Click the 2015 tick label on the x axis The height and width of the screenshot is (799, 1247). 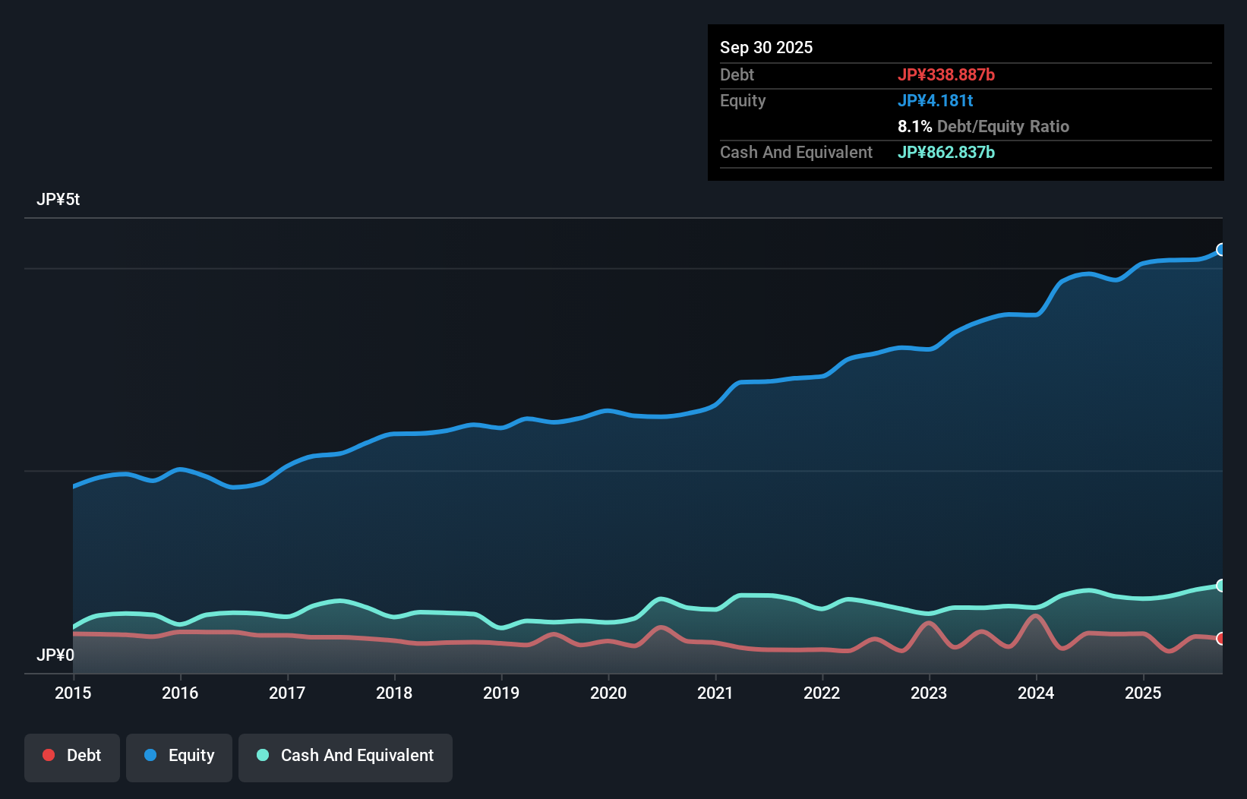[x=73, y=693]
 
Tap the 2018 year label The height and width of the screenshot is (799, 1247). [x=394, y=693]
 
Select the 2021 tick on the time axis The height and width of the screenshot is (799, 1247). [x=715, y=693]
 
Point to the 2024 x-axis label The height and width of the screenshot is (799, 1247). [x=1036, y=693]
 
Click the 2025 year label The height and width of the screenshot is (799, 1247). [x=1143, y=693]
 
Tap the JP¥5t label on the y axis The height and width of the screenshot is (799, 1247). [x=58, y=200]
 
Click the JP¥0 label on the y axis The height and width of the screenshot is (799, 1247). [x=55, y=655]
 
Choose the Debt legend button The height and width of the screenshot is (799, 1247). [x=72, y=756]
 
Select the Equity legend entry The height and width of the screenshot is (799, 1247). [x=179, y=756]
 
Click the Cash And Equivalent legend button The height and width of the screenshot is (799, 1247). [x=346, y=756]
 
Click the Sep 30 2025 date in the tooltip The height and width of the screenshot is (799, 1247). [x=766, y=47]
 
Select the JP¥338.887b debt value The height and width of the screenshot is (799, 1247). [x=946, y=74]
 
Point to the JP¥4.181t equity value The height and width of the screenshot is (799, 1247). [x=935, y=100]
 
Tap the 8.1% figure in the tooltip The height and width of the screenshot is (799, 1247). [x=914, y=126]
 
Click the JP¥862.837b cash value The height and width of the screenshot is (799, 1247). [x=946, y=152]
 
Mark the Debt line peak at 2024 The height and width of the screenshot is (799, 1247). [x=1034, y=616]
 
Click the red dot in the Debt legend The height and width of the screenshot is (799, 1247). [x=49, y=755]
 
